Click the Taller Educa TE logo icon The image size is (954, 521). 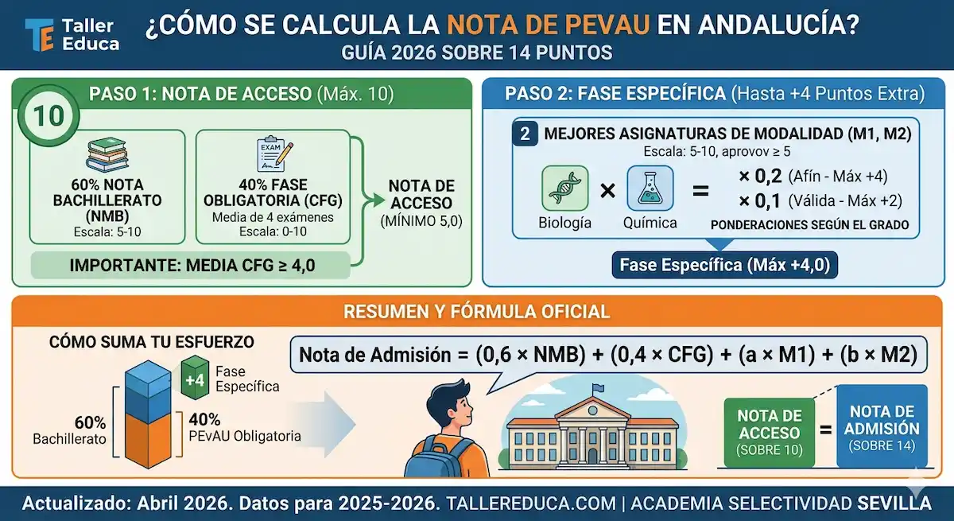[39, 35]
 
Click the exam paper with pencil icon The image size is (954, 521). [272, 153]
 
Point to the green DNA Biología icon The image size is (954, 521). [564, 188]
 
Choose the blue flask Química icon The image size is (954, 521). [650, 188]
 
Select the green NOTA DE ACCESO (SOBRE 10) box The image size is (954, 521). [769, 432]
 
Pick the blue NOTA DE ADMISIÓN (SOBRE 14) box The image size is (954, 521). [882, 427]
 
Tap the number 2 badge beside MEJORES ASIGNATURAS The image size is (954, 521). [525, 133]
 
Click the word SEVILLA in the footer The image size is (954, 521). [894, 503]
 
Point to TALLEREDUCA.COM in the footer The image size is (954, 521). [531, 503]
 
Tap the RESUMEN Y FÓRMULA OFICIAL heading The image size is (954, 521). [476, 310]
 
